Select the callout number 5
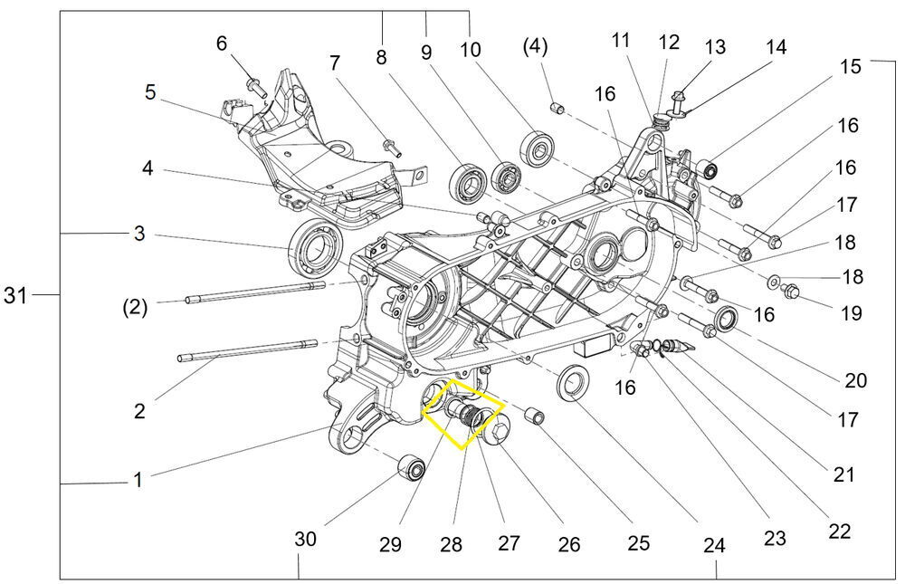pyautogui.click(x=150, y=92)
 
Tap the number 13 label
pyautogui.click(x=715, y=47)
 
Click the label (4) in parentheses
pyautogui.click(x=535, y=44)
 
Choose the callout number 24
pyautogui.click(x=714, y=546)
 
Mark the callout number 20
pyautogui.click(x=855, y=381)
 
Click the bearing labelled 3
pyautogui.click(x=313, y=241)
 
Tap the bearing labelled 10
pyautogui.click(x=538, y=147)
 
